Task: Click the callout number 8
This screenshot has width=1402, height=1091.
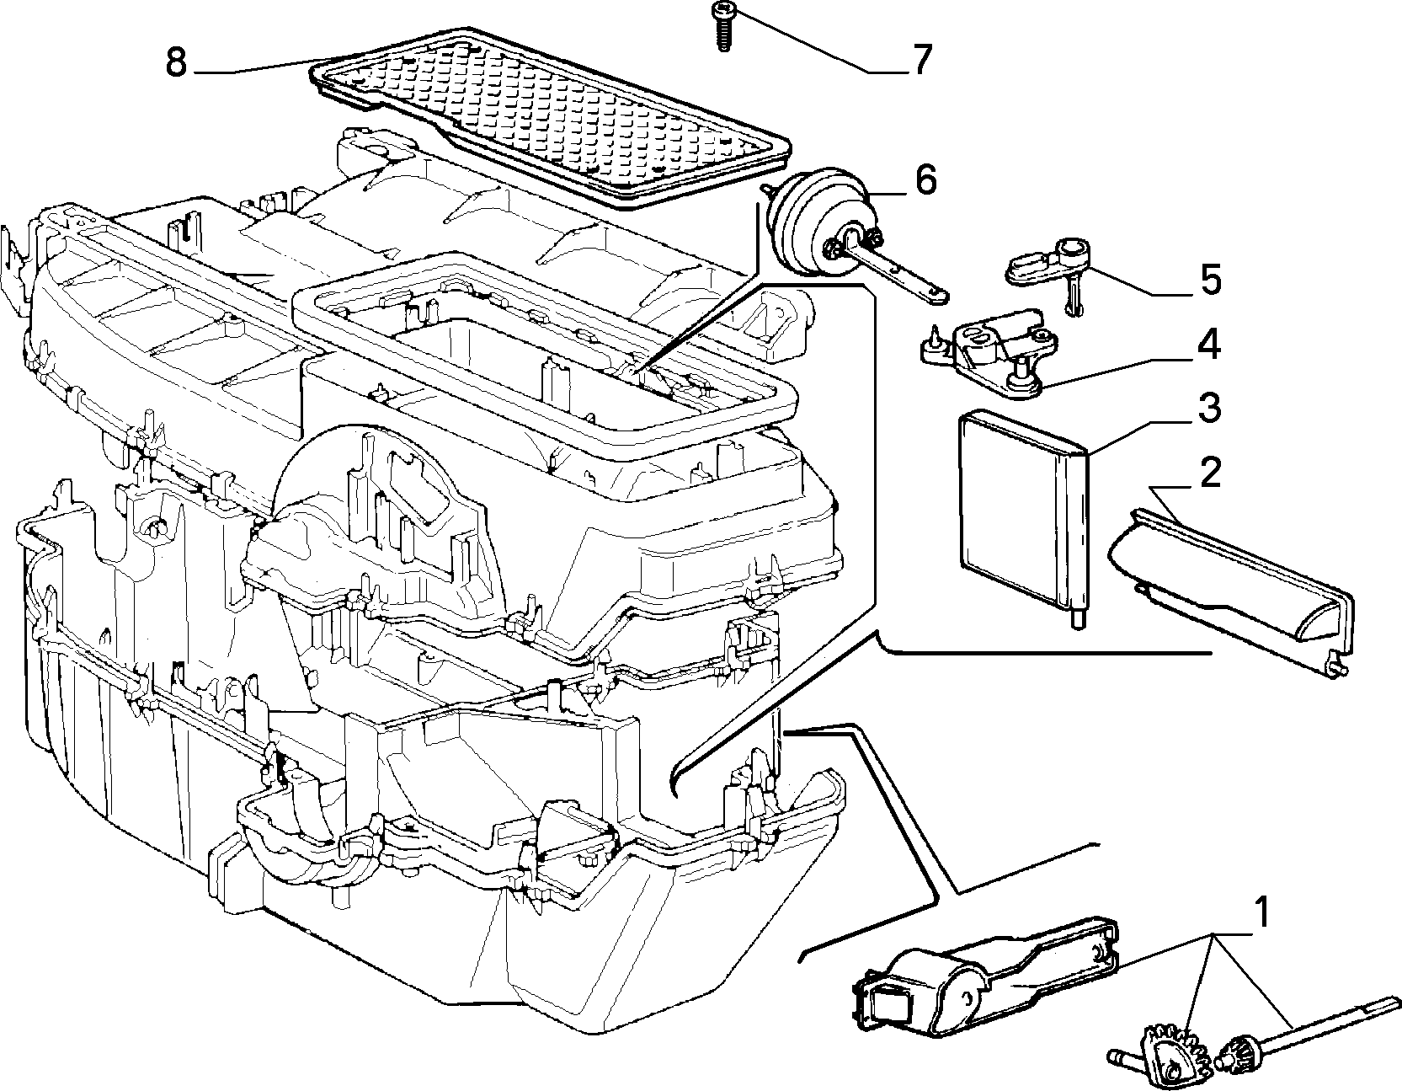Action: pos(175,62)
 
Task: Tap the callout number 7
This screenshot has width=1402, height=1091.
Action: pos(921,59)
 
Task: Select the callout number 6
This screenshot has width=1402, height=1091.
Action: pos(925,180)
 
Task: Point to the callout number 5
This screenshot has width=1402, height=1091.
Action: pos(1211,280)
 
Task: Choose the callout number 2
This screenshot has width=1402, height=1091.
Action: pos(1209,473)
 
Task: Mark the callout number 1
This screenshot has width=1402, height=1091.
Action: pos(1261,913)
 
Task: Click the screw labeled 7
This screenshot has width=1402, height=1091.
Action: pos(722,25)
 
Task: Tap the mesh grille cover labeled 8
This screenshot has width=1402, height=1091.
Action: pos(547,118)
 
